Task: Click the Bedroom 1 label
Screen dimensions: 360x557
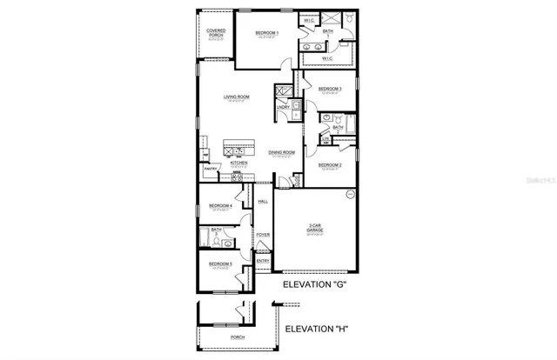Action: [265, 34]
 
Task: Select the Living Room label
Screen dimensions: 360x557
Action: [237, 97]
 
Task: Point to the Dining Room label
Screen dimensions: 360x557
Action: [282, 152]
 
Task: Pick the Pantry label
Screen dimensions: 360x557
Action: [210, 169]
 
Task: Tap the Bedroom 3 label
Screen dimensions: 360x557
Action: [329, 89]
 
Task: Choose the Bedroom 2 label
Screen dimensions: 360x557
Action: [329, 164]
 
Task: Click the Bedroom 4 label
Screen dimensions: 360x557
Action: [219, 206]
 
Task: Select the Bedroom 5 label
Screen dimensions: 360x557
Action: [219, 263]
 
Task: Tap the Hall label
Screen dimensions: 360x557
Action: [263, 202]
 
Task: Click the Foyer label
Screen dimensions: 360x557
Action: [263, 234]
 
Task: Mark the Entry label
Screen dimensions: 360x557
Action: [263, 260]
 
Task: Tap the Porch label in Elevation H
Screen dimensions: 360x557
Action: [238, 337]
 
